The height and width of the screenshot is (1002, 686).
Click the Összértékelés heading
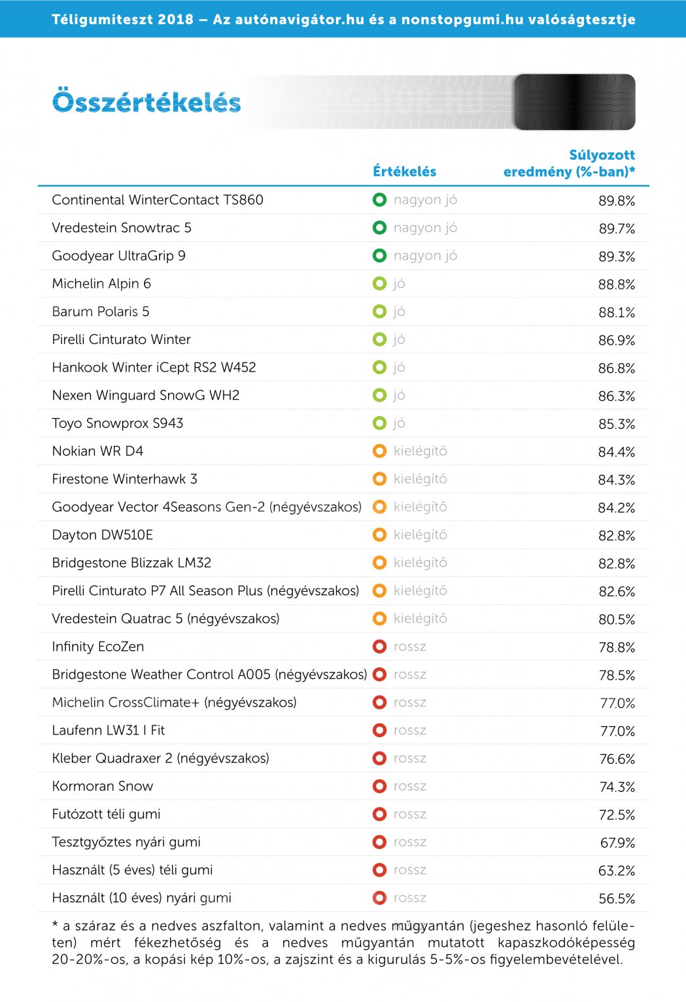point(146,103)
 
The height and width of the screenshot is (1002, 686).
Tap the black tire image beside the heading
point(574,102)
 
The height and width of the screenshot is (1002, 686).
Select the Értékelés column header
point(404,171)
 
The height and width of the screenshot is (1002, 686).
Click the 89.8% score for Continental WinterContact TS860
point(617,201)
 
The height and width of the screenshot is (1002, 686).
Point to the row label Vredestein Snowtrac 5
point(122,228)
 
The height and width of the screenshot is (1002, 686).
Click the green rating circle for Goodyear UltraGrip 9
point(379,256)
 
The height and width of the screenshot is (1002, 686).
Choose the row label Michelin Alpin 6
point(101,284)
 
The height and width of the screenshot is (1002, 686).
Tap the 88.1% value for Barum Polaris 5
point(617,313)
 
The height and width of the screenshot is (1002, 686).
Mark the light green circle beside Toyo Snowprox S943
point(379,423)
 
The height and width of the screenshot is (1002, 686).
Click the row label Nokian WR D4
point(97,451)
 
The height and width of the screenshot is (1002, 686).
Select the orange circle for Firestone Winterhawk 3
point(379,479)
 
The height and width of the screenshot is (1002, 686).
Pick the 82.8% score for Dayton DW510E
point(617,536)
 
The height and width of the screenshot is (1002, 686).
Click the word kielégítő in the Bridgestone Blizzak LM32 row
point(420,562)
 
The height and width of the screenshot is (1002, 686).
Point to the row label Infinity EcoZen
point(98,647)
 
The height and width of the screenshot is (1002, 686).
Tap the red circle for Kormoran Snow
point(379,786)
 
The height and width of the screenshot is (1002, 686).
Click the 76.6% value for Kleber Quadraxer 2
point(617,759)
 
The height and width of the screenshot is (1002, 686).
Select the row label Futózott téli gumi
point(106,814)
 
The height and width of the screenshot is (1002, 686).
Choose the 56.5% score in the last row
point(617,899)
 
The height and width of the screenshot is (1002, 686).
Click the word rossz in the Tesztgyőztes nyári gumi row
point(410,842)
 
